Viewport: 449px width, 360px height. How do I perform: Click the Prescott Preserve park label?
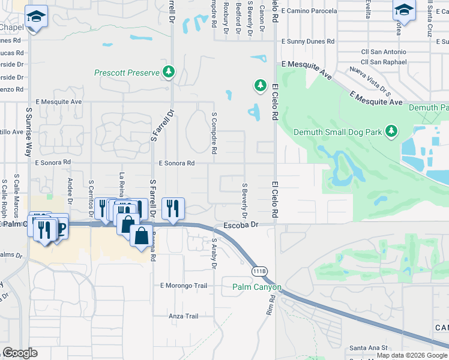click(127, 73)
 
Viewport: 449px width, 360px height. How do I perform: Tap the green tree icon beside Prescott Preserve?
click(169, 73)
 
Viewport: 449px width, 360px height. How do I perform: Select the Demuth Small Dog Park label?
click(338, 132)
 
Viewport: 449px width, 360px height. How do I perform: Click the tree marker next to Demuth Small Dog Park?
click(391, 131)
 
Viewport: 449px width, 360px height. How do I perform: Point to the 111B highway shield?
click(259, 271)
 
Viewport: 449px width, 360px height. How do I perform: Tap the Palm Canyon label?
click(257, 287)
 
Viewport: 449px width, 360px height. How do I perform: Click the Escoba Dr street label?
click(240, 225)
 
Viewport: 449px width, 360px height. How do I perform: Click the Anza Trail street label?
click(183, 316)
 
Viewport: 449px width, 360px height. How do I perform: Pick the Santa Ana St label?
click(369, 347)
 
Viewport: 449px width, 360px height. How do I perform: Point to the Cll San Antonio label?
click(387, 52)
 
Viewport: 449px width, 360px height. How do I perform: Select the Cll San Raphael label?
click(388, 62)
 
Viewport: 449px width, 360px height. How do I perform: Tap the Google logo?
click(20, 353)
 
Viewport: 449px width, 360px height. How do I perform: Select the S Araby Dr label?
click(213, 252)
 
